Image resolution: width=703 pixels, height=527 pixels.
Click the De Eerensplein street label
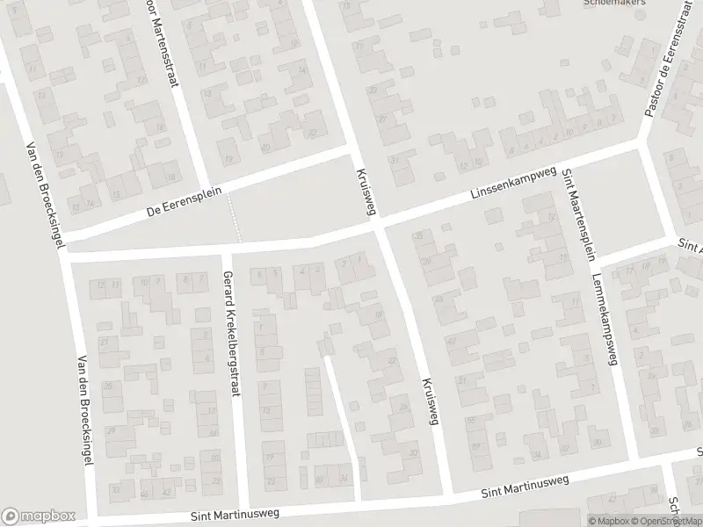pos(184,201)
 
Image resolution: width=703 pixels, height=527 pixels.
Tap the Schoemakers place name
pos(616,3)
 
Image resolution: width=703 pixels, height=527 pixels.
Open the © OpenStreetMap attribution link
pos(663,520)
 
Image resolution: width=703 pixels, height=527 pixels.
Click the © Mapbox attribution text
pos(608,520)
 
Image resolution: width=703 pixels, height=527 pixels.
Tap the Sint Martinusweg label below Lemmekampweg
pos(525,487)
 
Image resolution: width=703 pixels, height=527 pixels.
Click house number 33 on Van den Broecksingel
pos(114,488)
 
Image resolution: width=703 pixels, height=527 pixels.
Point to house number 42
pos(166,494)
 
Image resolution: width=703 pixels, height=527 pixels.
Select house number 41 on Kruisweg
pos(452,340)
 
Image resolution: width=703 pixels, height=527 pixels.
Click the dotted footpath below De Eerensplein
pos(234,218)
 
